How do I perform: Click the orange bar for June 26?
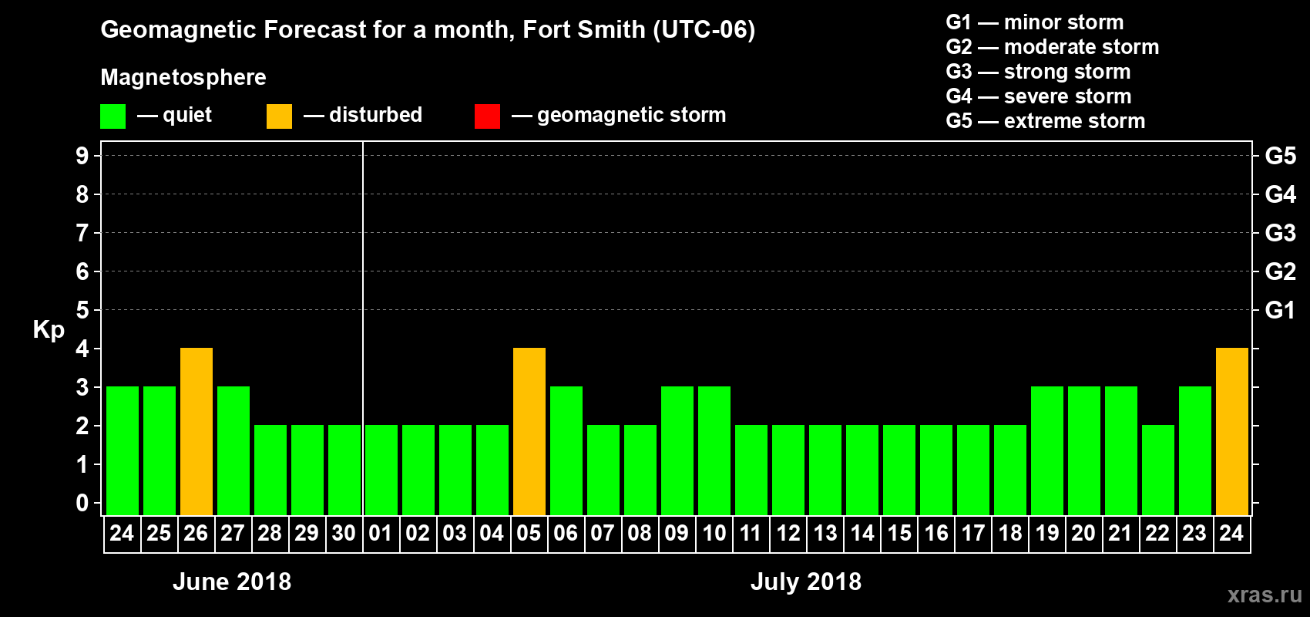pos(196,431)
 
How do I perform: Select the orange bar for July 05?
pos(529,431)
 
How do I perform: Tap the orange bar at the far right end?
pos(1231,431)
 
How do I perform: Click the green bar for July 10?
pos(714,450)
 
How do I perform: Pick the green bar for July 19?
pos(1047,450)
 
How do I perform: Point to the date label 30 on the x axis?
pos(344,534)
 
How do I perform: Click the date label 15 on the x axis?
pos(899,534)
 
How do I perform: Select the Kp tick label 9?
pos(82,156)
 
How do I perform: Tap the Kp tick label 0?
pos(82,503)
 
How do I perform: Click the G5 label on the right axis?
pos(1280,156)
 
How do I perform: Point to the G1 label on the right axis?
pos(1280,310)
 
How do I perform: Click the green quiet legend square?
pos(113,116)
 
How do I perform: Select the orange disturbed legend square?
pos(279,116)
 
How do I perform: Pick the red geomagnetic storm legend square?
pos(487,116)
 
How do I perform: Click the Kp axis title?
pos(49,329)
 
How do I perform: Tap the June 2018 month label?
pos(232,582)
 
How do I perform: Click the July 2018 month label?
pos(806,582)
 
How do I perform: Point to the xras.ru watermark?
pos(1265,594)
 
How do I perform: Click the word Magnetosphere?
pos(183,77)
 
